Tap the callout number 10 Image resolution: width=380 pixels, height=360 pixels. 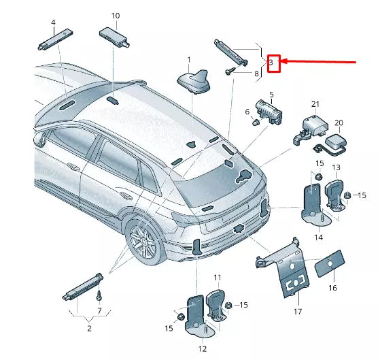115,15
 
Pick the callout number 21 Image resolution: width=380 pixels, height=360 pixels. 315,103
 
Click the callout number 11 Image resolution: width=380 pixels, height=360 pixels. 218,278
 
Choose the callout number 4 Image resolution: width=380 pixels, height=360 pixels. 53,22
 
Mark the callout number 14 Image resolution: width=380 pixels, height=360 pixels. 317,237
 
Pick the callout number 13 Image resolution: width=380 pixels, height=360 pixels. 336,167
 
